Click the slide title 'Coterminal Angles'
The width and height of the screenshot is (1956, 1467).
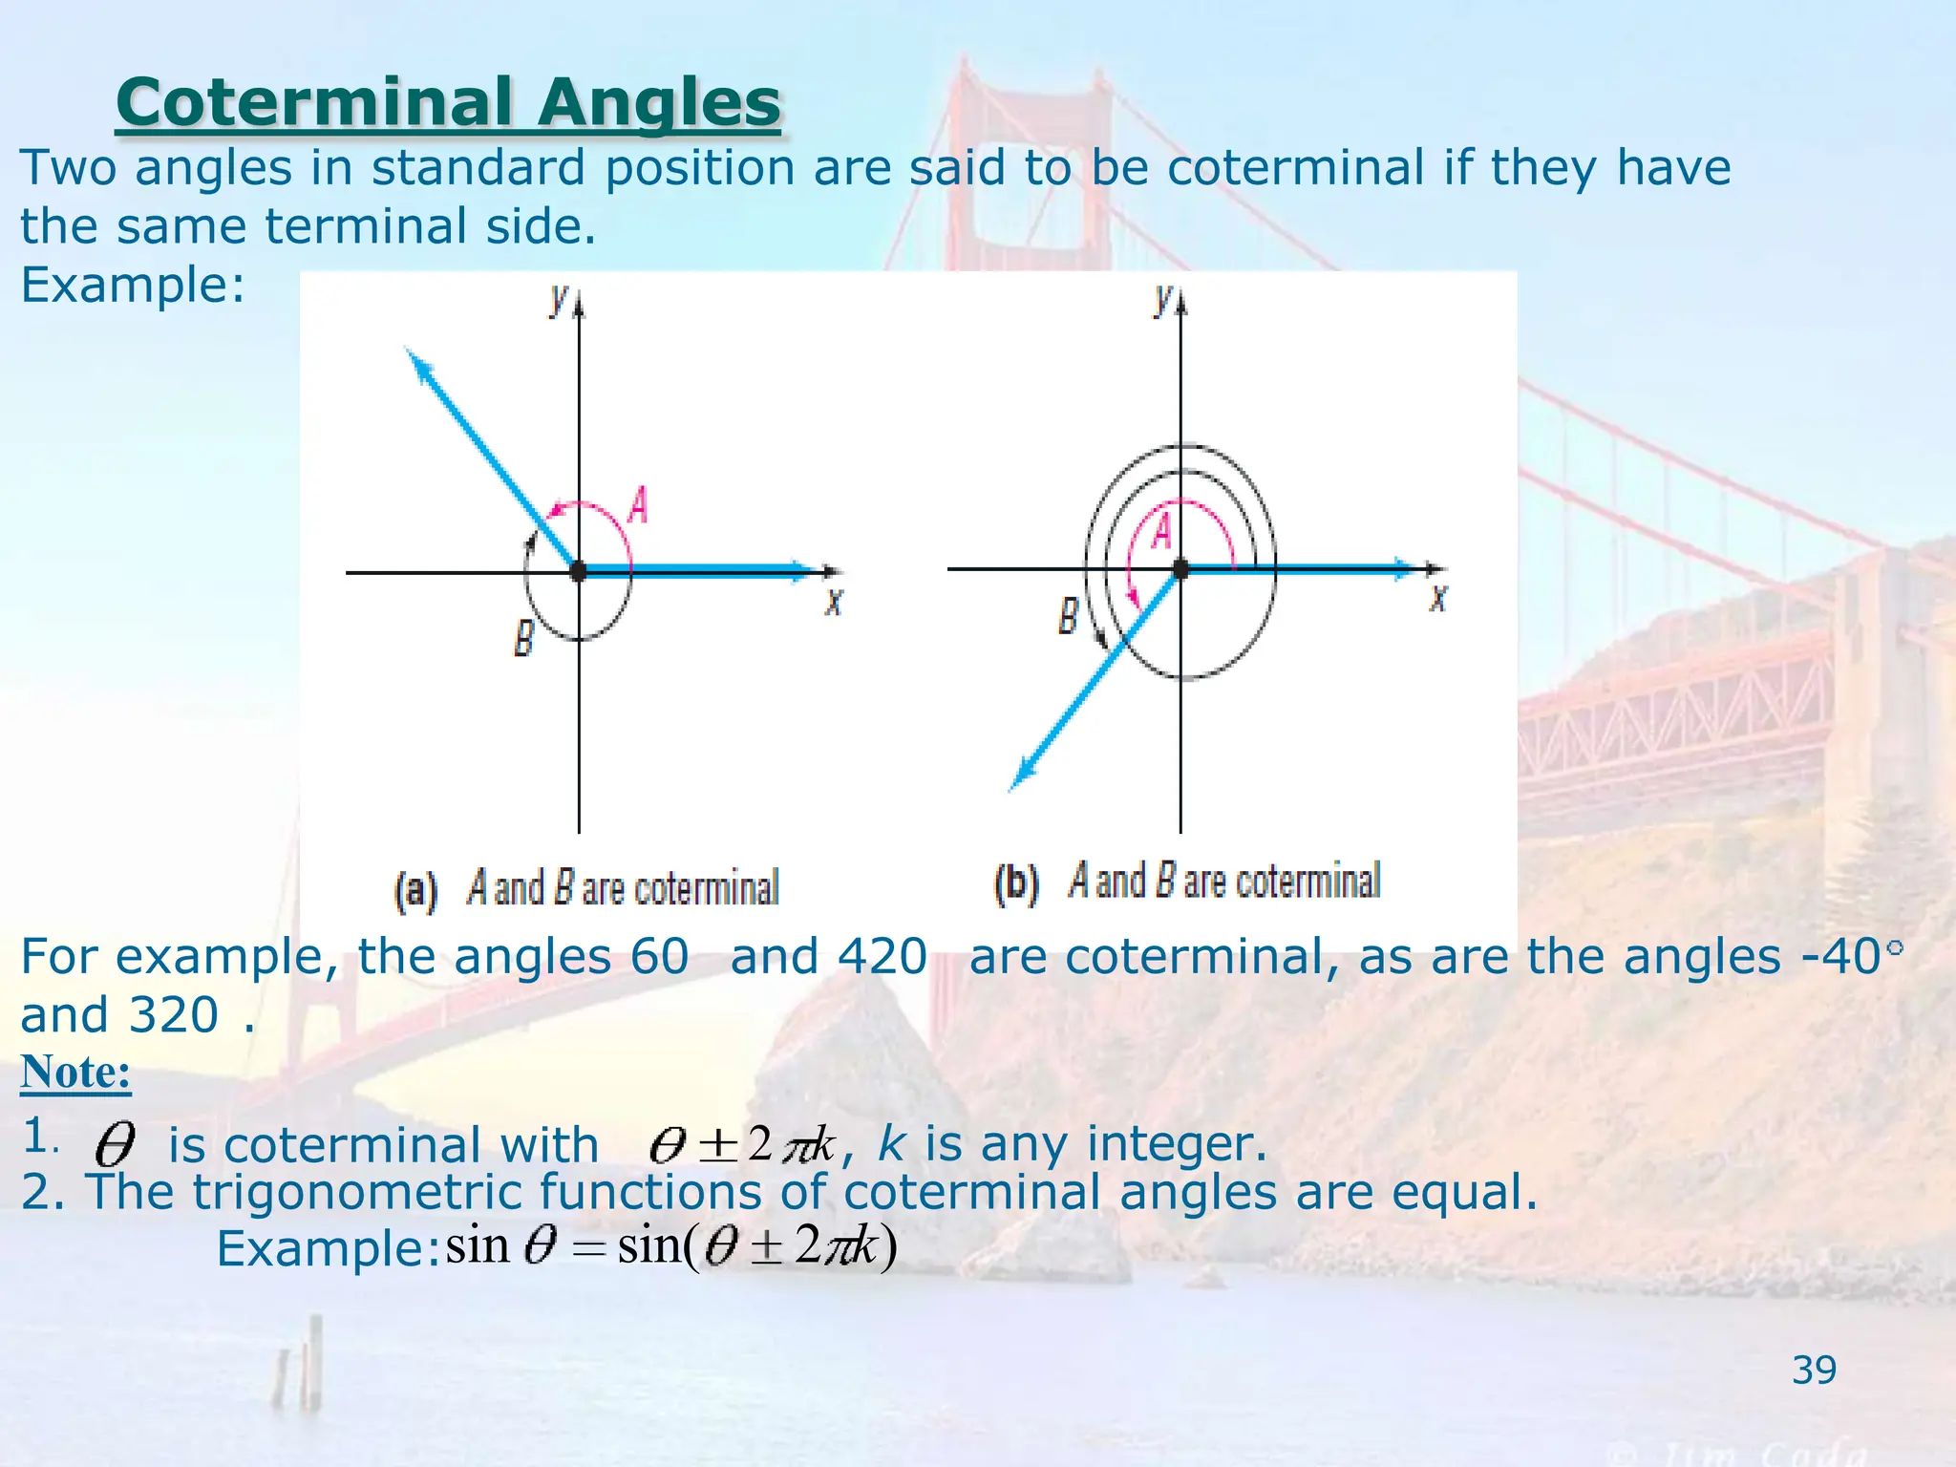coord(448,103)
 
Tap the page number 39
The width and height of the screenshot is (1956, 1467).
coord(1814,1371)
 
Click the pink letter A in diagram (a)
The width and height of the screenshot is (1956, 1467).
coord(638,505)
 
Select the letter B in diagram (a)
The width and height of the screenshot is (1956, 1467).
coord(523,638)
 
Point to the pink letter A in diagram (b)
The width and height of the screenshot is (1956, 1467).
coord(1160,531)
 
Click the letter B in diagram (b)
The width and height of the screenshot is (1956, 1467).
coord(1069,616)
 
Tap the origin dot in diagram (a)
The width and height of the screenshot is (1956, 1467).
coord(578,572)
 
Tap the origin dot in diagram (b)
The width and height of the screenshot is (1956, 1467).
coord(1180,569)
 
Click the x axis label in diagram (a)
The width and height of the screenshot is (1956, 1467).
coord(834,603)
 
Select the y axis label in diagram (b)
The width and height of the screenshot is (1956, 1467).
coord(1161,299)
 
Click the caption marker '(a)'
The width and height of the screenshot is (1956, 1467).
coord(415,890)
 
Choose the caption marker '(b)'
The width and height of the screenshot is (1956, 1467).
coord(1015,883)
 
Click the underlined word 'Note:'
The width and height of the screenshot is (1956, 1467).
coord(75,1072)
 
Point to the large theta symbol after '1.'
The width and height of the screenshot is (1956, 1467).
coord(115,1144)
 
